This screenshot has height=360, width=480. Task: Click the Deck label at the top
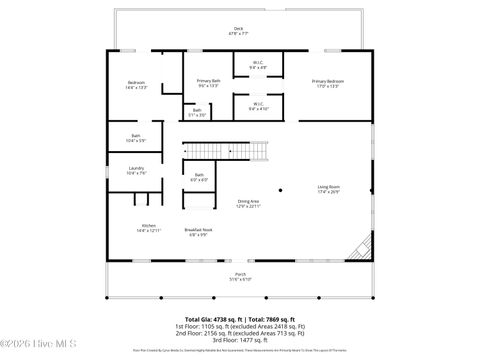pos(238,30)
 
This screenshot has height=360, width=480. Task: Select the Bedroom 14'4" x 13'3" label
pos(136,85)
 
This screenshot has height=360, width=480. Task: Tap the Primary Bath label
pos(208,83)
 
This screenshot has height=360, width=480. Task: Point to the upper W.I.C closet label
pos(257,66)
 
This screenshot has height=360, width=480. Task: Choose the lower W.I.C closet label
pos(257,105)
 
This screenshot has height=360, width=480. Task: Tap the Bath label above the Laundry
pos(136,139)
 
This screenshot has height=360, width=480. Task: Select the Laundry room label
pos(136,171)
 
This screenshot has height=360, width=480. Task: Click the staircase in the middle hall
pos(258,152)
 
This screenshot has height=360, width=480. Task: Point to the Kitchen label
pos(148,228)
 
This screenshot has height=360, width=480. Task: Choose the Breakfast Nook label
pos(198,232)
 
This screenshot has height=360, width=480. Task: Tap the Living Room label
pos(329,189)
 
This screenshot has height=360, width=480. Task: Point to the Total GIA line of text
pos(240,318)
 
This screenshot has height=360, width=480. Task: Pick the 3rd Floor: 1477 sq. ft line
pos(240,341)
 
